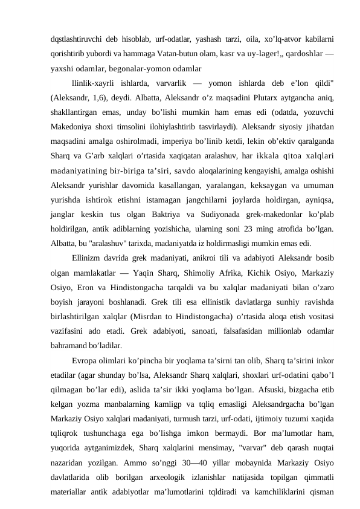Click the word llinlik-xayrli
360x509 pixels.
pyautogui.click(x=95, y=82)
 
